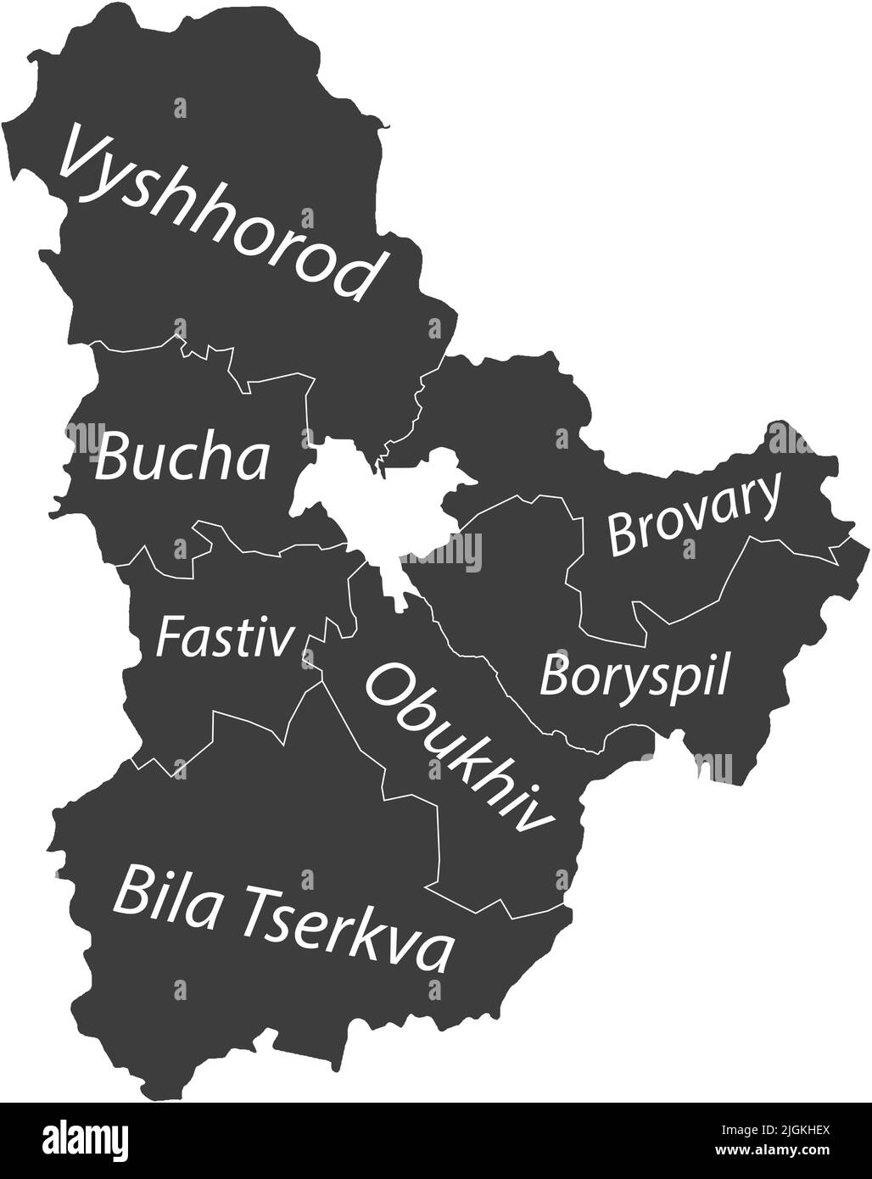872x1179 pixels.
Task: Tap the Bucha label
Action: pos(182,459)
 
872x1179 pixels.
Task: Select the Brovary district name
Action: pos(694,516)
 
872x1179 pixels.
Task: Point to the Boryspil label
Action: pos(634,676)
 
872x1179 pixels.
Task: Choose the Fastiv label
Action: pos(224,639)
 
